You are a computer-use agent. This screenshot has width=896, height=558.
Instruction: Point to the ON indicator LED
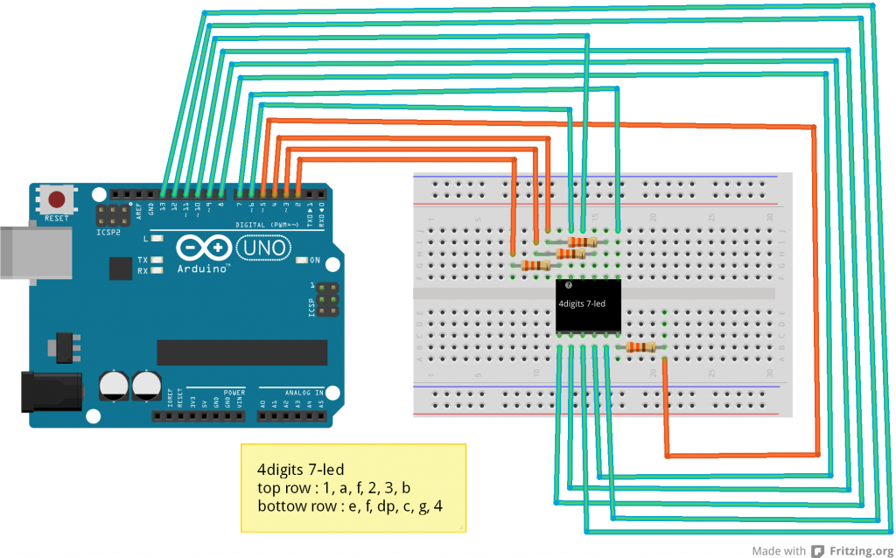click(302, 261)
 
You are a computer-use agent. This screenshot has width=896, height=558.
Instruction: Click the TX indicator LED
click(157, 260)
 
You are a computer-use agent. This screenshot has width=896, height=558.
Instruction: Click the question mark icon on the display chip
click(568, 286)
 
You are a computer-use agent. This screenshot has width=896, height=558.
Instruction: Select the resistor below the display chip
click(641, 347)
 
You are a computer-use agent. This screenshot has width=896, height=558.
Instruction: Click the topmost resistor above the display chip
click(582, 241)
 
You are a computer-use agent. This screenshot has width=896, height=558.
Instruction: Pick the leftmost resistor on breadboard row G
click(535, 265)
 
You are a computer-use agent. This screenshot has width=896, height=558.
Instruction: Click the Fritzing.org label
click(852, 551)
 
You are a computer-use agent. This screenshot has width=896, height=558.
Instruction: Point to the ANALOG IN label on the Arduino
click(302, 393)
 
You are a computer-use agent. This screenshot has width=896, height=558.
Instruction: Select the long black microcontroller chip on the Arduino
click(241, 352)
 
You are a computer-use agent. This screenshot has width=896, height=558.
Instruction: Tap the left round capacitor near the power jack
click(115, 385)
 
